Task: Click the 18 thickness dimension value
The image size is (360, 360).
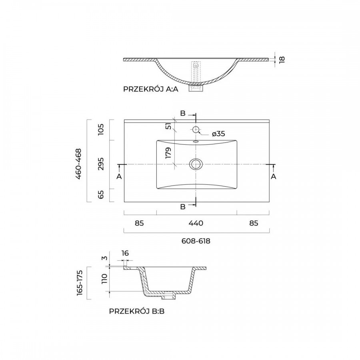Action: (282, 59)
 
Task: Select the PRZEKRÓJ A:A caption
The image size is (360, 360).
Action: (151, 89)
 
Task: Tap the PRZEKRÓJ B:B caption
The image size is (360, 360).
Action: (137, 311)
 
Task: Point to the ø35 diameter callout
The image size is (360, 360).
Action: (218, 134)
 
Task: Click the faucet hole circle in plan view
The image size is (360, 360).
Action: (195, 130)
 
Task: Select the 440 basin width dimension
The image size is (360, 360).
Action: (196, 223)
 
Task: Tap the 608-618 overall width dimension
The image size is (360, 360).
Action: (196, 241)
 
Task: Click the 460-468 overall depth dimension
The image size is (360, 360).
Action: (78, 164)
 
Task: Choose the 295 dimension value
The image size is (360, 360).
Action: (101, 164)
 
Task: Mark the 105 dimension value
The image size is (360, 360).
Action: (101, 130)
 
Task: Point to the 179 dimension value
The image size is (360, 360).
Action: (168, 153)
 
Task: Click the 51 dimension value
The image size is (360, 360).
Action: (168, 126)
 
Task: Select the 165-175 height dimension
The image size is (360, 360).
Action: (80, 283)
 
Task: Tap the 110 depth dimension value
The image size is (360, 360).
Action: (104, 279)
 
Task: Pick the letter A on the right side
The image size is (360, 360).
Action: (273, 176)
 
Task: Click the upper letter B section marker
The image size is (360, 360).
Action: (183, 114)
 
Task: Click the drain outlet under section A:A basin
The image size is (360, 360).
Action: (196, 88)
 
